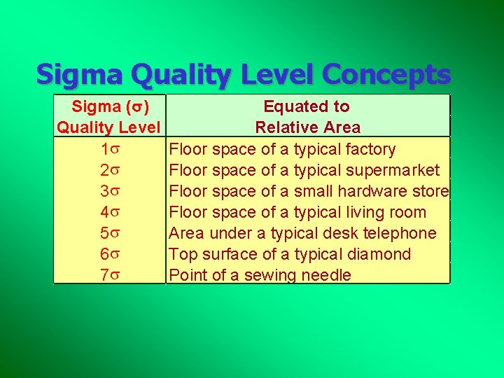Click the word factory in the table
(x=371, y=149)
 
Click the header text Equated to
(x=307, y=106)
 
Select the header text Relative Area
(x=308, y=127)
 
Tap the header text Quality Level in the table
(x=108, y=127)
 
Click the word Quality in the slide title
(x=181, y=75)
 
